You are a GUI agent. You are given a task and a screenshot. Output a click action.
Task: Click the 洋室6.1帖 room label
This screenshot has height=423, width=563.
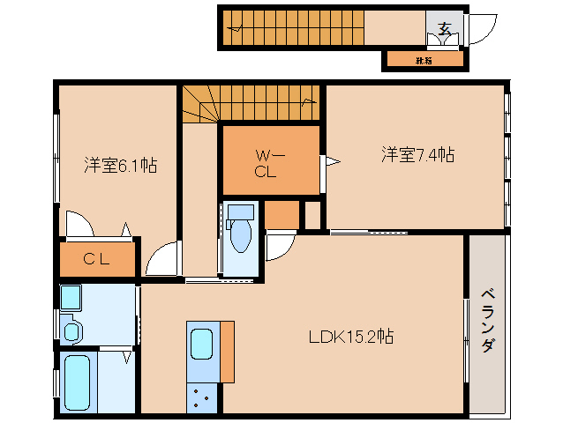[x=121, y=164]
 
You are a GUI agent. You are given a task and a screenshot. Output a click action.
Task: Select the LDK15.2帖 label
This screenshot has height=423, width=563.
[x=350, y=336]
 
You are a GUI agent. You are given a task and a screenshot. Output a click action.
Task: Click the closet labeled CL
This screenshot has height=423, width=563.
[x=97, y=259]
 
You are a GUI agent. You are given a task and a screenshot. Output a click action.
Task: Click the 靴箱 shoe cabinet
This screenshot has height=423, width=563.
[x=424, y=61]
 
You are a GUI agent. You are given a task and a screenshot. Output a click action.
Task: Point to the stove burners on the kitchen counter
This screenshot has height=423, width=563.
[x=201, y=397]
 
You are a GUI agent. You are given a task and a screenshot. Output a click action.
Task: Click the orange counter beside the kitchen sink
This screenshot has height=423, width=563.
[x=228, y=352]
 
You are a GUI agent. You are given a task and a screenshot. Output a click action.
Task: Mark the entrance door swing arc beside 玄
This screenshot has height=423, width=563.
[x=477, y=31]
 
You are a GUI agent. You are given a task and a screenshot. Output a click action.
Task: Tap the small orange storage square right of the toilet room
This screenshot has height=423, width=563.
[x=281, y=214]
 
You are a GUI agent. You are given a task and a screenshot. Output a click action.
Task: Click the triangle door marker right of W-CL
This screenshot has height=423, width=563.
[x=332, y=161]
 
